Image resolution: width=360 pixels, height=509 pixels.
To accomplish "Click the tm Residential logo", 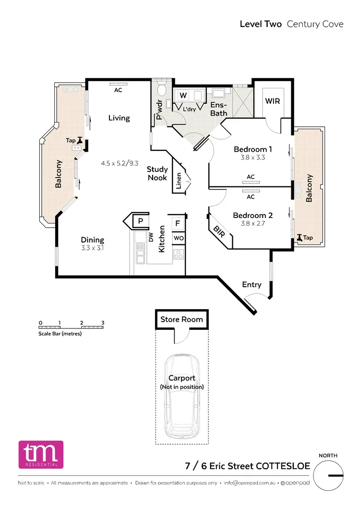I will click(x=41, y=454).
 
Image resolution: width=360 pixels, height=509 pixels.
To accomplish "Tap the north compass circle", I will click(x=332, y=475).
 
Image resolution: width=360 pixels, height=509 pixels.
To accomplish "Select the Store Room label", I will click(x=181, y=319).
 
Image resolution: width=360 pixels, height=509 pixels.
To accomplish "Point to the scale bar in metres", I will click(x=72, y=327).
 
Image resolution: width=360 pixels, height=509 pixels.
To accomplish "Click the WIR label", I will click(x=272, y=101).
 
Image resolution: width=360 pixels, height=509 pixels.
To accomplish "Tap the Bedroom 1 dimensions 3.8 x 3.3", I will click(x=250, y=157).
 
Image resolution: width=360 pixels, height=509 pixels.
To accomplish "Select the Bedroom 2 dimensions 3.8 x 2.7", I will click(x=249, y=223).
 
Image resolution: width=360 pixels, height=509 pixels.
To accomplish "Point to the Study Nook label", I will click(x=157, y=173).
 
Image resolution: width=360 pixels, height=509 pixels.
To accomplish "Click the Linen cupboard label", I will click(x=179, y=181).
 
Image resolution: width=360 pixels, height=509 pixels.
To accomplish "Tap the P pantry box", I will click(x=140, y=221).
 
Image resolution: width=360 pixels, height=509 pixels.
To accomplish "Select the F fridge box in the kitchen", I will click(x=177, y=223).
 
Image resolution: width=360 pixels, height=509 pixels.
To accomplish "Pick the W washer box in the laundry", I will click(x=183, y=96).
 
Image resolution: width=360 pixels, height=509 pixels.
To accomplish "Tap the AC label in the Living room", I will click(x=118, y=89).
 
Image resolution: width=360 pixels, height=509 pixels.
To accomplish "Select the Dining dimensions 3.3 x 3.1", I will click(x=92, y=248).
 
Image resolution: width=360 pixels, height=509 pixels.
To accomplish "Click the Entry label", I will click(x=252, y=285).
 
